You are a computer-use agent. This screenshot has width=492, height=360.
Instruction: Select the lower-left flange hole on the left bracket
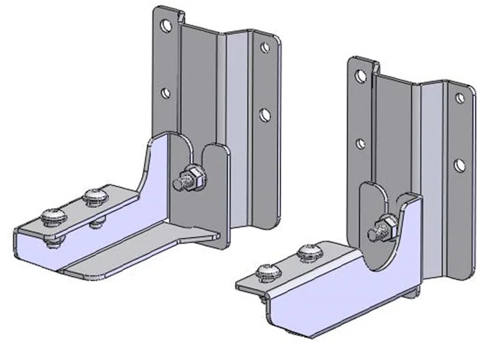pos(165,93)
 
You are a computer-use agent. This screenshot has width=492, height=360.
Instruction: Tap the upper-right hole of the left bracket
pos(265,48)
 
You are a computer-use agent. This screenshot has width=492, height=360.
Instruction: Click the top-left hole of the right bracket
pos(360,75)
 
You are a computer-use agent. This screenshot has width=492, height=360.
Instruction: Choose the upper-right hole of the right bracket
pos(460,98)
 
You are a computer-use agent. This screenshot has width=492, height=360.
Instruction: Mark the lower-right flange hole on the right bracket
pos(460,165)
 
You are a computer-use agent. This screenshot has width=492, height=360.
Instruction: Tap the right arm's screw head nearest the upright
pos(309,251)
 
